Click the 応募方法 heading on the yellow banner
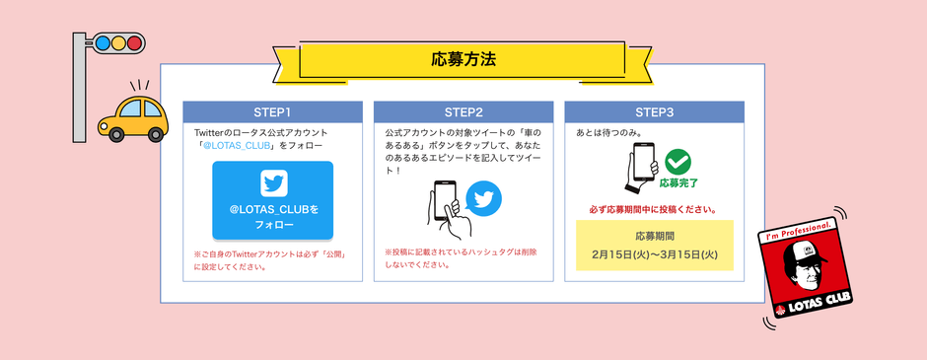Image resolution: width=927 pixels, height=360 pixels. click(x=463, y=57)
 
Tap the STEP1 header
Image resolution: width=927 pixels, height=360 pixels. click(x=273, y=111)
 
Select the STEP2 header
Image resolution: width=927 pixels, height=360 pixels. click(x=463, y=111)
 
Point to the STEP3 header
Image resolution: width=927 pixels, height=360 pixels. click(x=654, y=111)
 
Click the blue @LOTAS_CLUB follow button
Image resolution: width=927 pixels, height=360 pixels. click(x=273, y=200)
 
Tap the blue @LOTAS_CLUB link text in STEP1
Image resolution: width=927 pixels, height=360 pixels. click(x=237, y=146)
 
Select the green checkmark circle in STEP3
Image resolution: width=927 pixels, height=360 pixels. click(x=677, y=162)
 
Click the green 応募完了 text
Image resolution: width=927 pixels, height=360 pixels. click(x=677, y=182)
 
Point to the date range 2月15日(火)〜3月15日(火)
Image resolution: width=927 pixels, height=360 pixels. click(x=654, y=253)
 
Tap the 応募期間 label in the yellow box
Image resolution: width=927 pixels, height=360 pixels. click(x=654, y=236)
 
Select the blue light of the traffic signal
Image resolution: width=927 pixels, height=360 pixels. click(x=101, y=42)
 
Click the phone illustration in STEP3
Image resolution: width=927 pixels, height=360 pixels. click(x=642, y=166)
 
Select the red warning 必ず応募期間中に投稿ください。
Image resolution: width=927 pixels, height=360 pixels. click(x=654, y=209)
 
